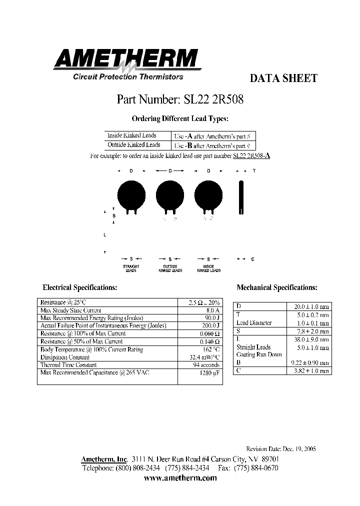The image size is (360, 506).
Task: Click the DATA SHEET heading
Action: (x=282, y=78)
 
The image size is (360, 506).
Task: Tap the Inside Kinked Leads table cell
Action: (x=132, y=135)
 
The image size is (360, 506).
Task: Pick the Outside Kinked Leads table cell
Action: (x=133, y=145)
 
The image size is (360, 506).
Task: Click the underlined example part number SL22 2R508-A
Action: (x=251, y=156)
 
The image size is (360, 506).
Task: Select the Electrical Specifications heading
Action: (x=80, y=287)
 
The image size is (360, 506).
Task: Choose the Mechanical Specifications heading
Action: (x=276, y=287)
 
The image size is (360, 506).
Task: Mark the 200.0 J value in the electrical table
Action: (x=211, y=325)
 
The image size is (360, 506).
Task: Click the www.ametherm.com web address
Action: (x=180, y=478)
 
